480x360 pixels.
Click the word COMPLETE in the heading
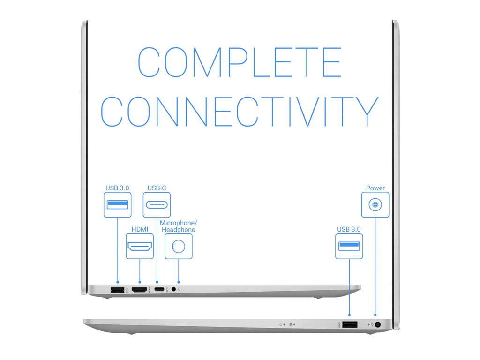point(240,62)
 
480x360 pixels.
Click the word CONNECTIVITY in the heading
point(240,112)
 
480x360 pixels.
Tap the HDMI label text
point(140,229)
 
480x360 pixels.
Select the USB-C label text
point(157,188)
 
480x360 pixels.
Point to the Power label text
point(375,188)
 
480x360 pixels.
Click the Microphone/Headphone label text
point(179,226)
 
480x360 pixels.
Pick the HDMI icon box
point(140,247)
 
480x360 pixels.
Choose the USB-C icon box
point(157,205)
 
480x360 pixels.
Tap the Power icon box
point(375,205)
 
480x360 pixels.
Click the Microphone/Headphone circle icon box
point(179,247)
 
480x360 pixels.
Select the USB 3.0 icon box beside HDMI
point(118,205)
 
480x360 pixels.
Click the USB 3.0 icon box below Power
point(349,247)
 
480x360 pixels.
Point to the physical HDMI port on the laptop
point(140,289)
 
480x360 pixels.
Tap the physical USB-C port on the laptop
point(159,289)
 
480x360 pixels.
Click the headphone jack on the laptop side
point(174,289)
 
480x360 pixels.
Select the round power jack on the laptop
point(378,324)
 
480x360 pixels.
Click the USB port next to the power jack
point(350,324)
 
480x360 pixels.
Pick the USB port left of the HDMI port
point(117,289)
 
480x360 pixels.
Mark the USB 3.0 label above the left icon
point(117,188)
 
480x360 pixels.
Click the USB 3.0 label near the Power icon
point(349,229)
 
